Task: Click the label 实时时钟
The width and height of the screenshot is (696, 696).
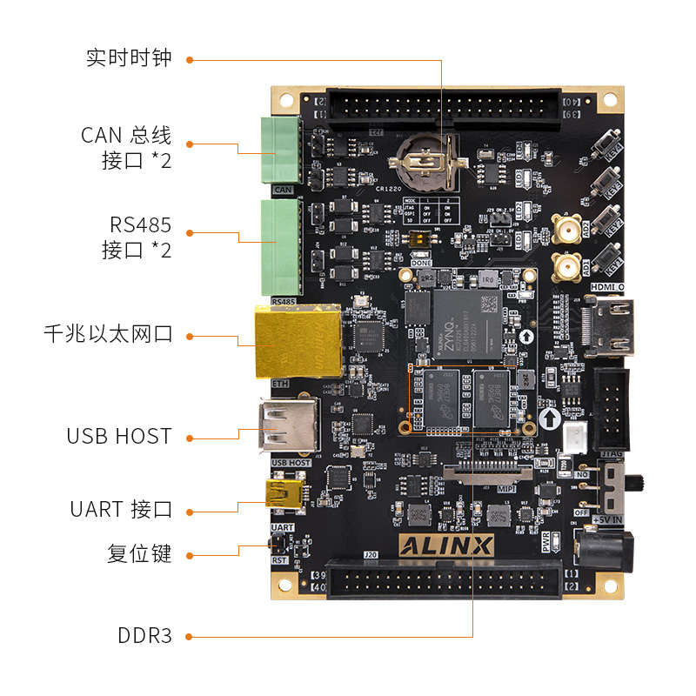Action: (x=129, y=58)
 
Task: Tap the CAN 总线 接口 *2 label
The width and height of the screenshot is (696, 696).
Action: (x=126, y=147)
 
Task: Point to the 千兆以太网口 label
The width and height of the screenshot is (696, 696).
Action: (x=108, y=334)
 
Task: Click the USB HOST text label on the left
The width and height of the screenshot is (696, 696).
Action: (x=118, y=436)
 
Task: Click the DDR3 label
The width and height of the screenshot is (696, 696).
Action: (x=144, y=636)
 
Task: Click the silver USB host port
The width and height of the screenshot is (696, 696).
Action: (x=284, y=426)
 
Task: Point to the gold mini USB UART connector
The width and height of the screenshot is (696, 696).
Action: (x=282, y=495)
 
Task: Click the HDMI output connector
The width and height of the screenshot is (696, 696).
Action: (x=612, y=327)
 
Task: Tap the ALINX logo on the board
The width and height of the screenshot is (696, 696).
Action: (x=446, y=545)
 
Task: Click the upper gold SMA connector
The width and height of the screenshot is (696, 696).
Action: (x=566, y=230)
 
